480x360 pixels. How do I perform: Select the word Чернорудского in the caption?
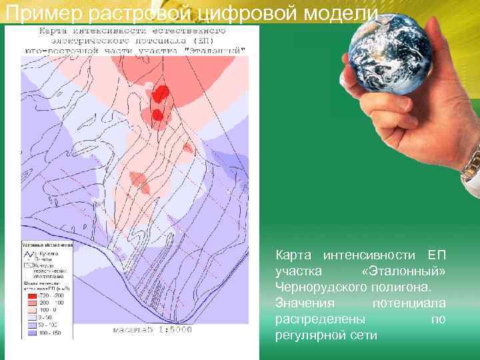(x=318, y=287)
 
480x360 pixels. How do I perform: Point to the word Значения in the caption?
(x=301, y=303)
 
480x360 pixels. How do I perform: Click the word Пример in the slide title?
(x=33, y=13)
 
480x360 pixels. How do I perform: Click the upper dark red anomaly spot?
(x=160, y=94)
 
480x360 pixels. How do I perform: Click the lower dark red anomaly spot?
(x=157, y=115)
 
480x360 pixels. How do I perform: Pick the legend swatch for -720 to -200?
(x=31, y=294)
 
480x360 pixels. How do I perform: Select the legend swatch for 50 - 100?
(x=31, y=325)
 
